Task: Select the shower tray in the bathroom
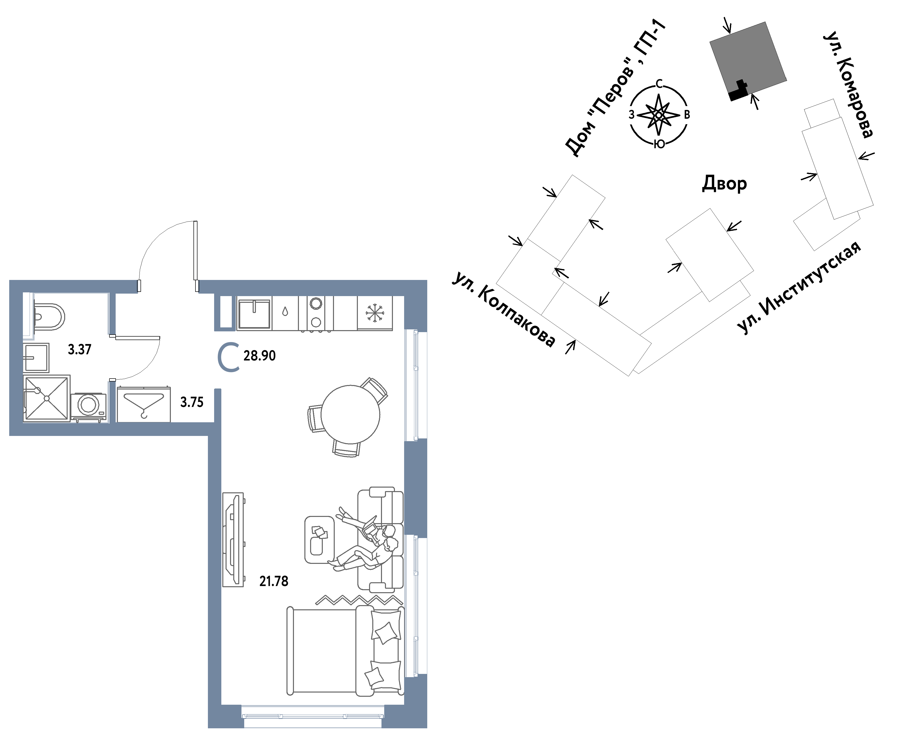[x=46, y=398]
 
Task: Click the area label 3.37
[x=80, y=349]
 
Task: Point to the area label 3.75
[x=192, y=402]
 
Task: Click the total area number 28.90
[x=259, y=355]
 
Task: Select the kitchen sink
[x=254, y=314]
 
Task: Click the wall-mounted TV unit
[x=233, y=540]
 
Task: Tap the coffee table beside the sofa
[x=319, y=540]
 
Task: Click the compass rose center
[x=658, y=115]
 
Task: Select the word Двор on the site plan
[x=724, y=183]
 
